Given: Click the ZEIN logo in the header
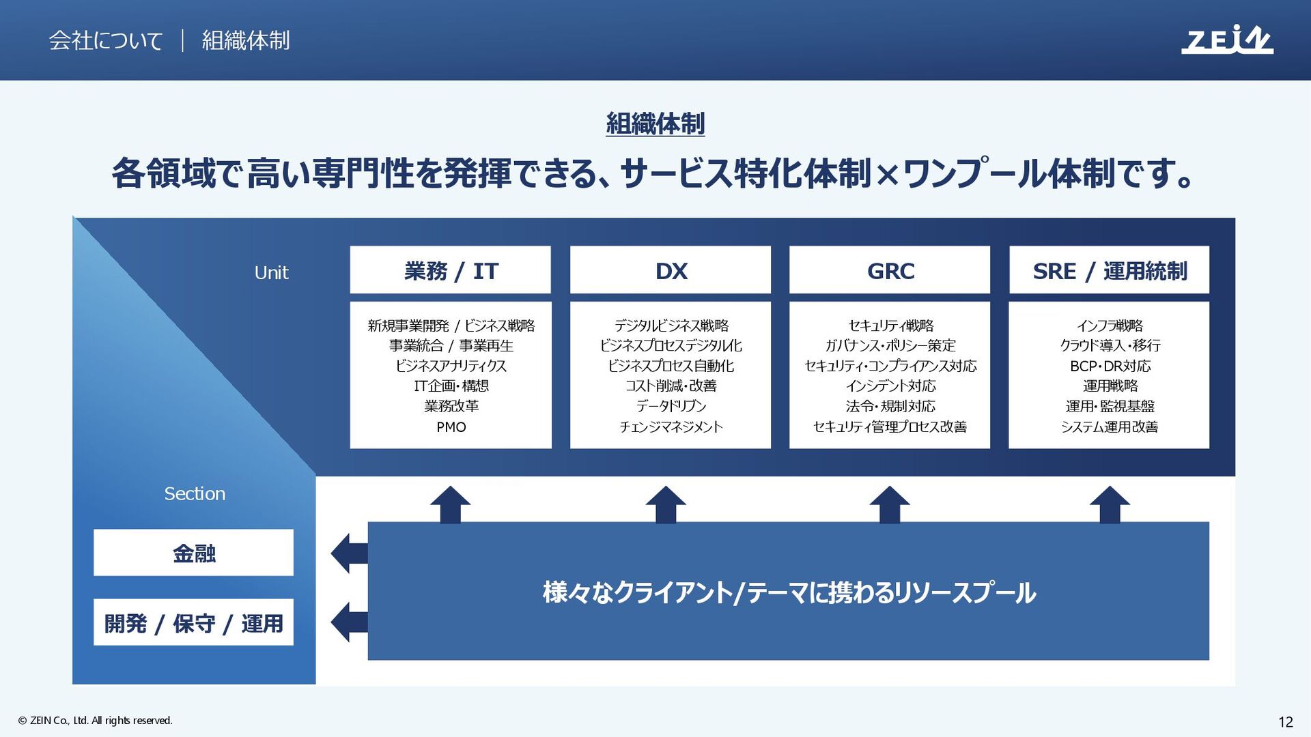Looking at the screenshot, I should [x=1226, y=40].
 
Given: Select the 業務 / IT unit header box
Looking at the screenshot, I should [x=450, y=270].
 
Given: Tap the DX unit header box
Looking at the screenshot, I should [x=670, y=270].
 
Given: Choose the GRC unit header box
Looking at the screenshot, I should [x=889, y=270].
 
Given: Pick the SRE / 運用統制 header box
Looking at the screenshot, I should [x=1109, y=270].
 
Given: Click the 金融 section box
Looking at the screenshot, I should [x=193, y=553].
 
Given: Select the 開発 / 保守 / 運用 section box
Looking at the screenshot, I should [x=193, y=622].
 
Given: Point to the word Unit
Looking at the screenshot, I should [x=271, y=273].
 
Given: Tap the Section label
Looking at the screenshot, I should [x=195, y=493].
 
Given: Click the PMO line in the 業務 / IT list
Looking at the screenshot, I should [x=451, y=427].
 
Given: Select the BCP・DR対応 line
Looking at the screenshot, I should [x=1110, y=366].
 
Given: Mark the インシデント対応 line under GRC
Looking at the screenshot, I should [x=890, y=386].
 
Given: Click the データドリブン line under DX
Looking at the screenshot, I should [x=671, y=407].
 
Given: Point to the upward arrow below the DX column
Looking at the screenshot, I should [x=666, y=504].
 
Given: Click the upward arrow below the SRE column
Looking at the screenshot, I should [x=1110, y=504].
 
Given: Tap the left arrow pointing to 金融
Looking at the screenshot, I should [x=349, y=553].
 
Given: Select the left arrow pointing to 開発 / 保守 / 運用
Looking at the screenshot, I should [x=349, y=622].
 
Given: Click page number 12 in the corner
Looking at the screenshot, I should [x=1285, y=722].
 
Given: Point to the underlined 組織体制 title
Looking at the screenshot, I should [x=655, y=124].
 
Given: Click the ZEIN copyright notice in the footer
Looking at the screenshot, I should [x=96, y=721].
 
